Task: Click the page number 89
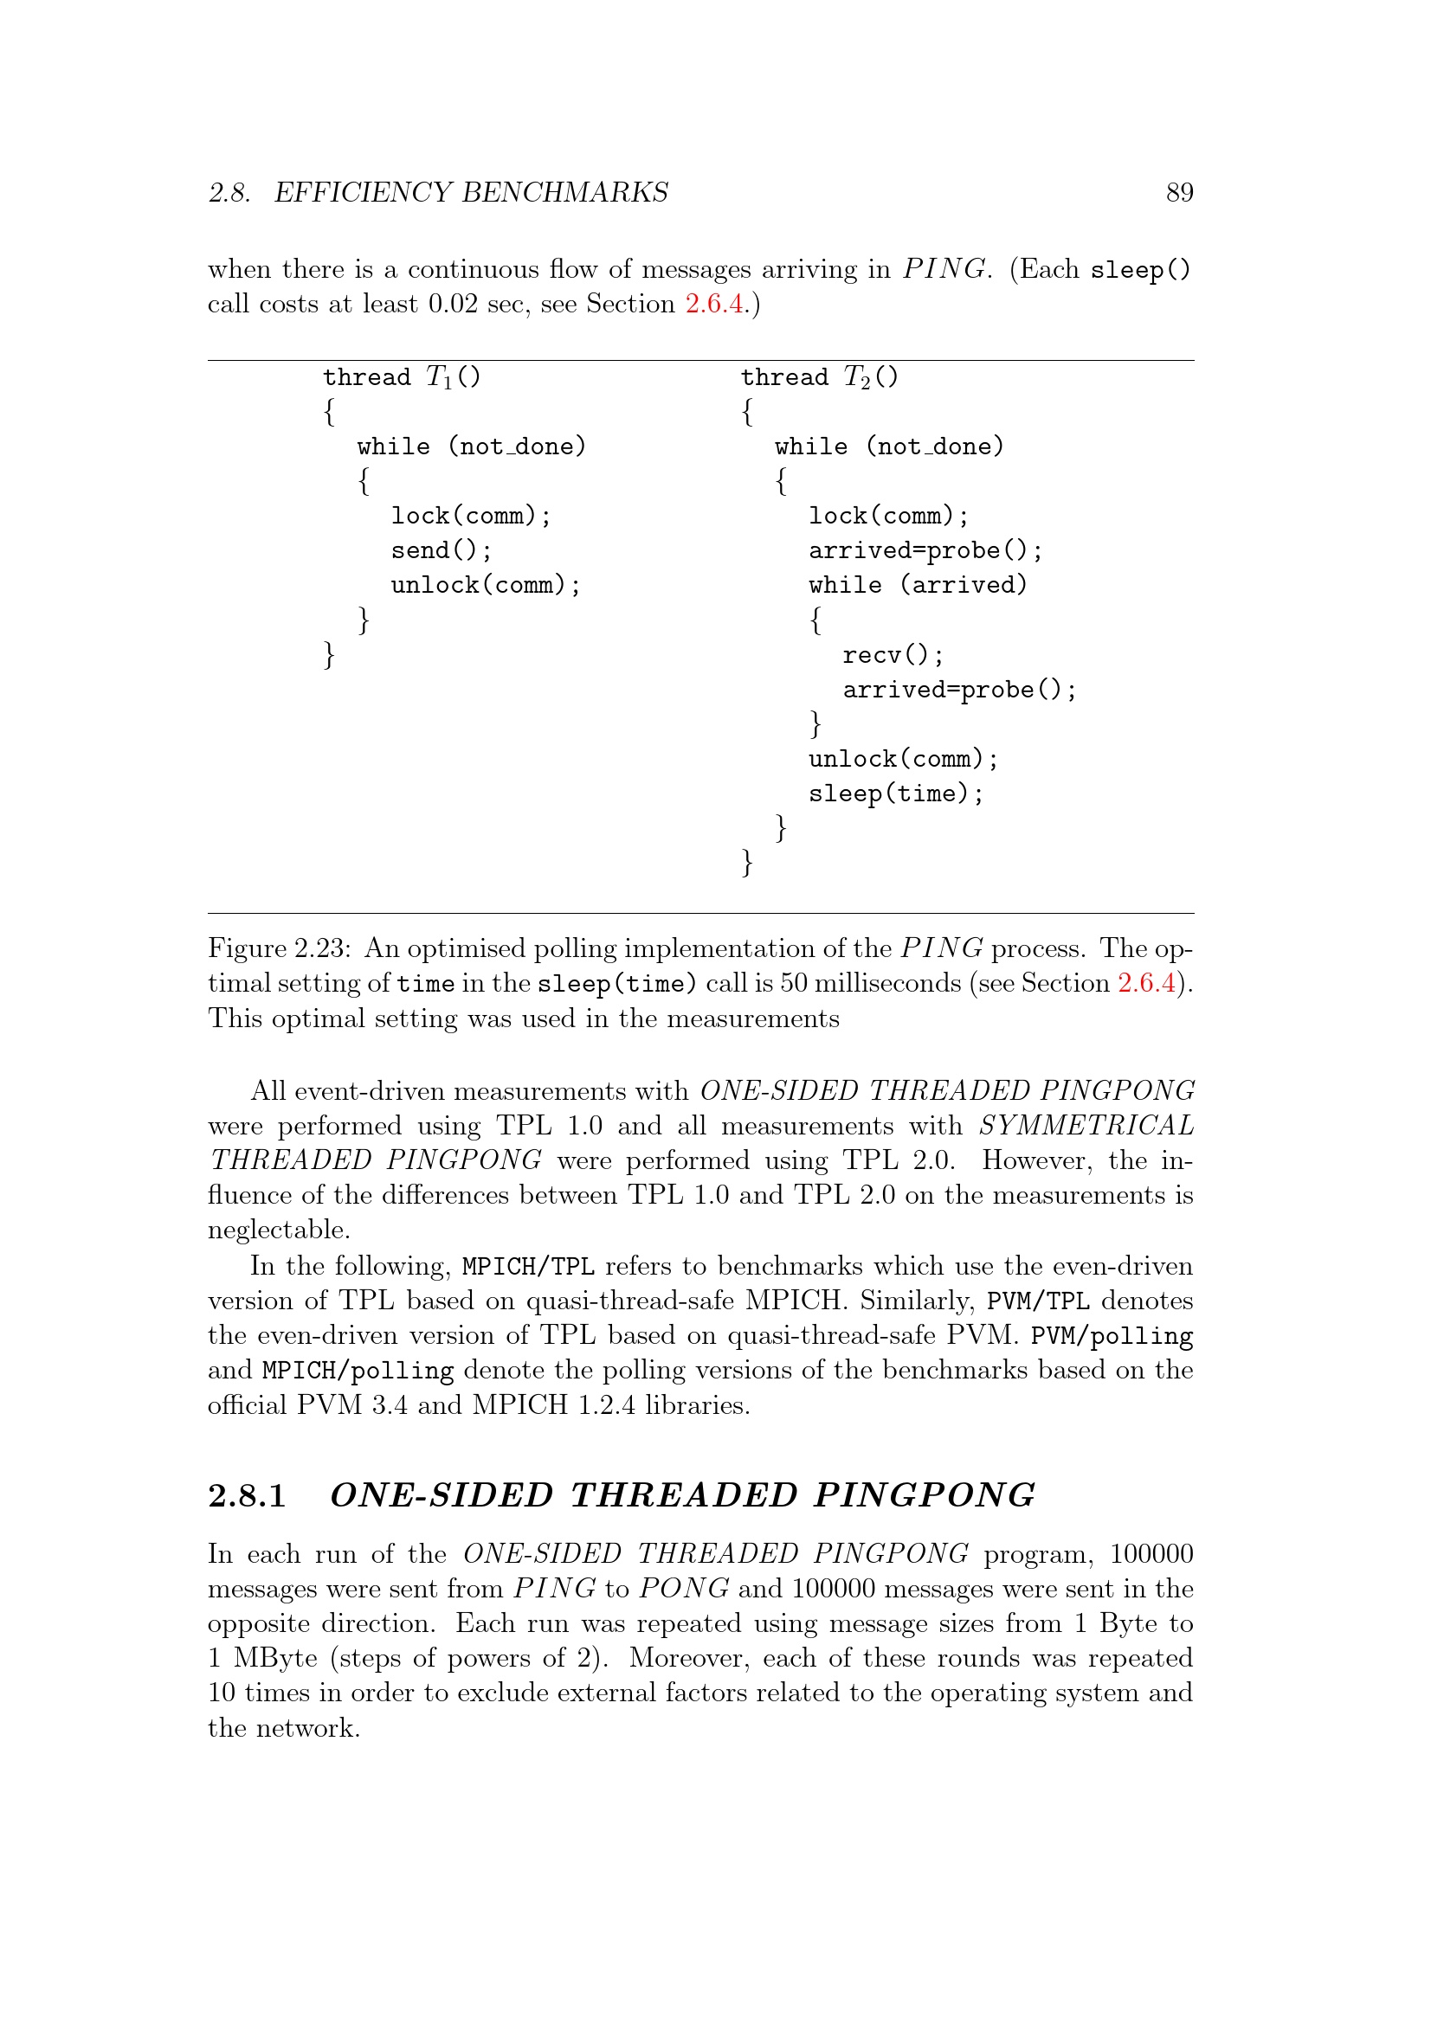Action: coord(1179,192)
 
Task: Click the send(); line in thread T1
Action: coord(441,551)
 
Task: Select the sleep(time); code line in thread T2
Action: coord(895,794)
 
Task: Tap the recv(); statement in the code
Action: coord(893,656)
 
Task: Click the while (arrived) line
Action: coord(918,585)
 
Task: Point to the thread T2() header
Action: coord(819,377)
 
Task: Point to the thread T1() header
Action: coord(401,377)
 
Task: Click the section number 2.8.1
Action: coord(247,1495)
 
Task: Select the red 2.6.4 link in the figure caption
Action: coord(1146,983)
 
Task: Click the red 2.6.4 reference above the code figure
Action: coord(714,304)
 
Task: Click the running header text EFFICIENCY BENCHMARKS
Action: coord(471,192)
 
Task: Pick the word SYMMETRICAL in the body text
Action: coord(1086,1126)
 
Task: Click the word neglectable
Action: coord(279,1230)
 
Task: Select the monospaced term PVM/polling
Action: coord(1111,1336)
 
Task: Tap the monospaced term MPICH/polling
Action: coord(358,1371)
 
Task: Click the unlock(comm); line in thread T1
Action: coord(486,585)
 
